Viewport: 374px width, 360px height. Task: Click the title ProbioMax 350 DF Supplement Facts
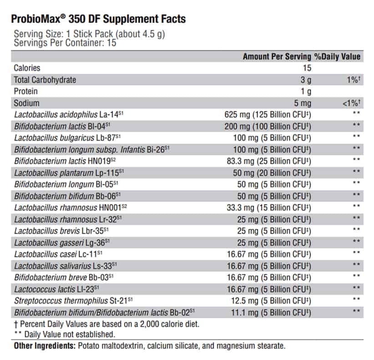[98, 19]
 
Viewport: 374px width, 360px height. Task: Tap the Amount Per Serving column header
[277, 56]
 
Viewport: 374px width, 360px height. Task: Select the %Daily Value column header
[337, 56]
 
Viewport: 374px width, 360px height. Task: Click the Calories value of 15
[307, 68]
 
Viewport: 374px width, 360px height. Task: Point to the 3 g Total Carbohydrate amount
[306, 80]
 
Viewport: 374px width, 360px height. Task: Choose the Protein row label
[26, 91]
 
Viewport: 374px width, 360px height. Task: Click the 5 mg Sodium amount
[303, 103]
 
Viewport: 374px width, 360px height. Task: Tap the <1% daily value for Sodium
[351, 103]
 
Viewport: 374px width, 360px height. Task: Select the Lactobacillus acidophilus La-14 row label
[69, 115]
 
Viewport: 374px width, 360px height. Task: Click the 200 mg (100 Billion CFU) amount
[268, 126]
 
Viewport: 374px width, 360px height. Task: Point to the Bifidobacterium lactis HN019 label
[65, 161]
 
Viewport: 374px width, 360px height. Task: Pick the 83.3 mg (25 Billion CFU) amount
[269, 161]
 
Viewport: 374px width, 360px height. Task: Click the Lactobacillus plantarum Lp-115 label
[69, 173]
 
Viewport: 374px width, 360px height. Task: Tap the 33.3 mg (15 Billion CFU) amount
[269, 208]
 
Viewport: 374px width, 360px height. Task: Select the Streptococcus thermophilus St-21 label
[73, 300]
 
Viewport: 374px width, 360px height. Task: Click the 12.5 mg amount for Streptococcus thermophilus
[245, 300]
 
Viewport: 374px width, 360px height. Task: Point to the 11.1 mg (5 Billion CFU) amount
[271, 313]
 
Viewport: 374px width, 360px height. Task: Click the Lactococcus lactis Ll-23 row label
[56, 289]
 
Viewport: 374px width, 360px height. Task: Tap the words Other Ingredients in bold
[45, 345]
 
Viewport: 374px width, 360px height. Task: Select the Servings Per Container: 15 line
[65, 43]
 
